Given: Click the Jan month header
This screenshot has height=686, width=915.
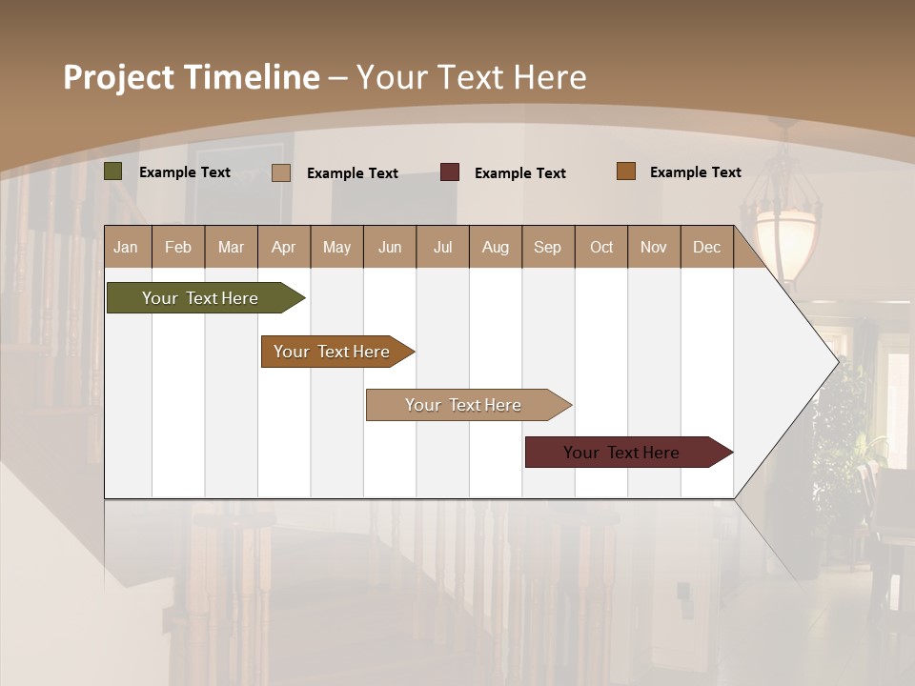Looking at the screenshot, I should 126,247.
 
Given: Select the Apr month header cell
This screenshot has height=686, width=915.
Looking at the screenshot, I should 284,247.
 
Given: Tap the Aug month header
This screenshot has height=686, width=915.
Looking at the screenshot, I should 495,247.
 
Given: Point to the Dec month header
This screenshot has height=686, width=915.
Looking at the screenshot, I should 706,247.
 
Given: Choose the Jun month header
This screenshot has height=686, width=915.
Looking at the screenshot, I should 390,247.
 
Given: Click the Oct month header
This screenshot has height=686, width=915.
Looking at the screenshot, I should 601,247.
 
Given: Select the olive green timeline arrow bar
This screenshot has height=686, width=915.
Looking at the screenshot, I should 200,298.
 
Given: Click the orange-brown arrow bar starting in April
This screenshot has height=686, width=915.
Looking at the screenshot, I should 332,352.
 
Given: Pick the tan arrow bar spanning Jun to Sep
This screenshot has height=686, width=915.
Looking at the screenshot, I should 463,405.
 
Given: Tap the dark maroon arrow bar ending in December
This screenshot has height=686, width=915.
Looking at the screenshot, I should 621,453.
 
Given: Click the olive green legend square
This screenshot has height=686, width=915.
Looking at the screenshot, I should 113,171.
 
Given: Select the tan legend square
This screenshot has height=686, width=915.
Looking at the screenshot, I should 281,172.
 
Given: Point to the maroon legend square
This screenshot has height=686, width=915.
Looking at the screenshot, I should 450,172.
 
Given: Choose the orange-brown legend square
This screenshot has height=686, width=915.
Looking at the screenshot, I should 626,171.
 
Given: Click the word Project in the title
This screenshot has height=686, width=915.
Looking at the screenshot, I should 119,77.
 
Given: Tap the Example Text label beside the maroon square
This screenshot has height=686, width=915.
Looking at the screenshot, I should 519,173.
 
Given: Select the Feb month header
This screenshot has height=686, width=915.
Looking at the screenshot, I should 178,247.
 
